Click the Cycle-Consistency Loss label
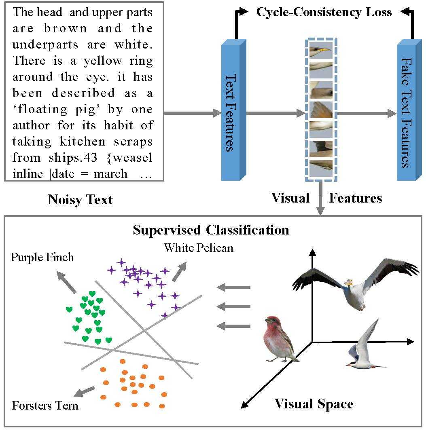[324, 13]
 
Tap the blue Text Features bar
[233, 110]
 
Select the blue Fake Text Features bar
[409, 110]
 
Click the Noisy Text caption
[80, 200]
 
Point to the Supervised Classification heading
[211, 230]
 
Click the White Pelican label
[199, 248]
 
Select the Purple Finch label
[42, 258]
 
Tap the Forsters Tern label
[45, 406]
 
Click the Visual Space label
[314, 404]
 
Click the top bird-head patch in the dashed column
[321, 50]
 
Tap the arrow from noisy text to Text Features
[193, 113]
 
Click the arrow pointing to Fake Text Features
[367, 113]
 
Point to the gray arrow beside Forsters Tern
[84, 392]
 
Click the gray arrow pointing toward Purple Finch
[66, 282]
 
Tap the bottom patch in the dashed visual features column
[321, 168]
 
